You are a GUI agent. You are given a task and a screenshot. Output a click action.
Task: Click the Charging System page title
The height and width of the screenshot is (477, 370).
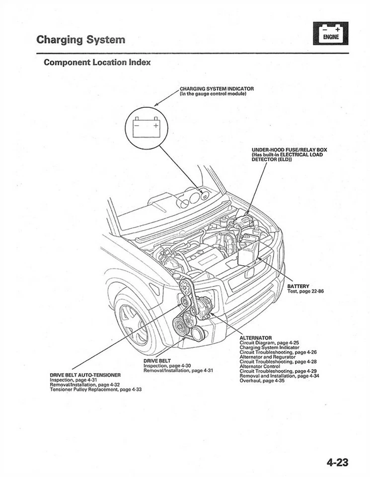pos(80,39)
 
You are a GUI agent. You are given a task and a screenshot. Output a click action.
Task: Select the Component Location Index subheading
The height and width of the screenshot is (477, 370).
pos(97,63)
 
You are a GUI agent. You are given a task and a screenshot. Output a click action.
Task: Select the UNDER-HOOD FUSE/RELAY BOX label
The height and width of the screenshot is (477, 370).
pos(289,150)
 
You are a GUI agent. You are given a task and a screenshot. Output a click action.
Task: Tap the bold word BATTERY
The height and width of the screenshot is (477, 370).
pos(298,286)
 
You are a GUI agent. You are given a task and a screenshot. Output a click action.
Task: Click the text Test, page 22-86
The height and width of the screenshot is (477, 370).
pos(305,291)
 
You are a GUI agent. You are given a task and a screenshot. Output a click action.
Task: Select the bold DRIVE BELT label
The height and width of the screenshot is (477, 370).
pos(157,361)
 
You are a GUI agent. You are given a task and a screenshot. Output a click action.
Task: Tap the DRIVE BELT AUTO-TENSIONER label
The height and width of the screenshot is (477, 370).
pos(85,375)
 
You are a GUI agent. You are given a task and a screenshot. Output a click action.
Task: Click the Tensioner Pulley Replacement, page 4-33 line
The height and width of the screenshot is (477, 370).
pos(96,390)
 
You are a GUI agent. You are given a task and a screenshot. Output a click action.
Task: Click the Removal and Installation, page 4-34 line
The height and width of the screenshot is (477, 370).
pos(279,376)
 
